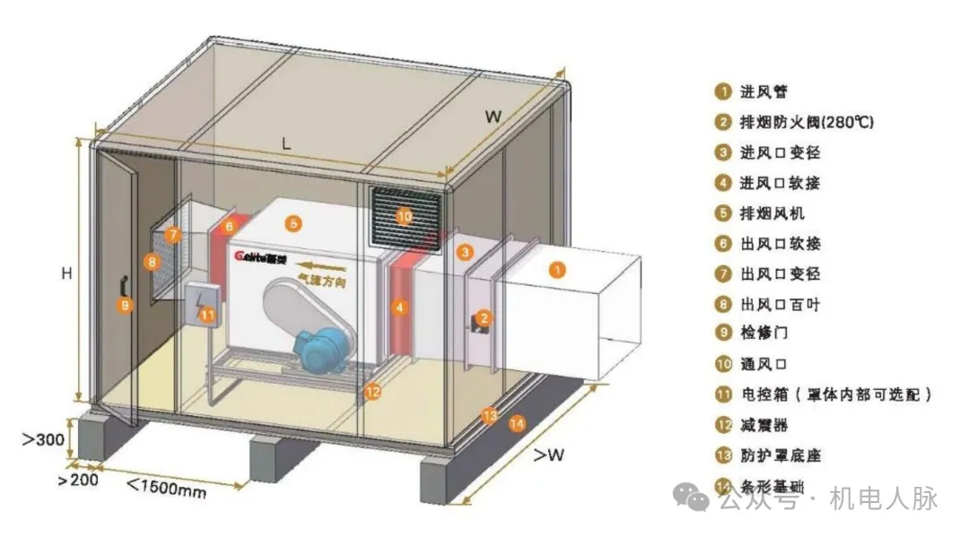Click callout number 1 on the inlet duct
pyautogui.click(x=557, y=267)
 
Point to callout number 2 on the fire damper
pyautogui.click(x=484, y=317)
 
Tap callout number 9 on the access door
pyautogui.click(x=125, y=304)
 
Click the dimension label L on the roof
pyautogui.click(x=286, y=143)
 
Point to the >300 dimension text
pyautogui.click(x=42, y=439)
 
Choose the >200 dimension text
pyautogui.click(x=78, y=480)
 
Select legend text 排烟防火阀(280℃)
pyautogui.click(x=807, y=122)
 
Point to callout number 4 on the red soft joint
pyautogui.click(x=399, y=307)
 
